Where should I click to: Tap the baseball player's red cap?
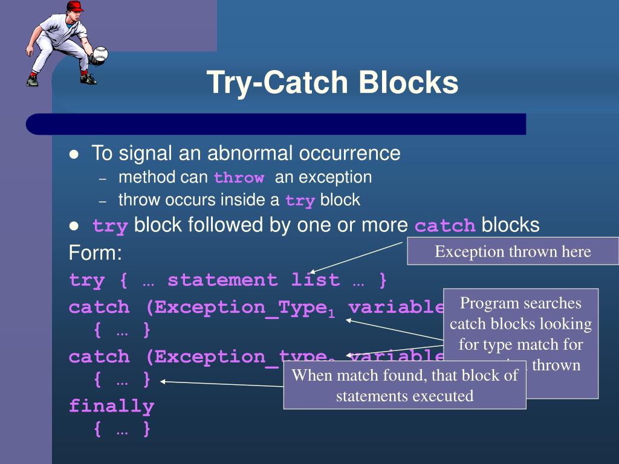tap(75, 6)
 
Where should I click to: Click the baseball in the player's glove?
tap(101, 54)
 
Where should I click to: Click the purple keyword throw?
tap(239, 178)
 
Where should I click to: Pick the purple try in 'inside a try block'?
tap(299, 201)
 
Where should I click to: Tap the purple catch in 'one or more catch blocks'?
tap(445, 227)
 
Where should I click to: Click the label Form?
tap(96, 253)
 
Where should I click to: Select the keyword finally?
tap(111, 406)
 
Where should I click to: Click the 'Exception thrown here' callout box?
tap(513, 251)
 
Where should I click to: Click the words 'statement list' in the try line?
tap(253, 280)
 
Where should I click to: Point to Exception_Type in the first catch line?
tap(241, 307)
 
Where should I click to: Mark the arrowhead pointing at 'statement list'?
tap(312, 272)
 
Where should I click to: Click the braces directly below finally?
tap(122, 430)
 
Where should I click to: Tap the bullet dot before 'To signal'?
tap(74, 155)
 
